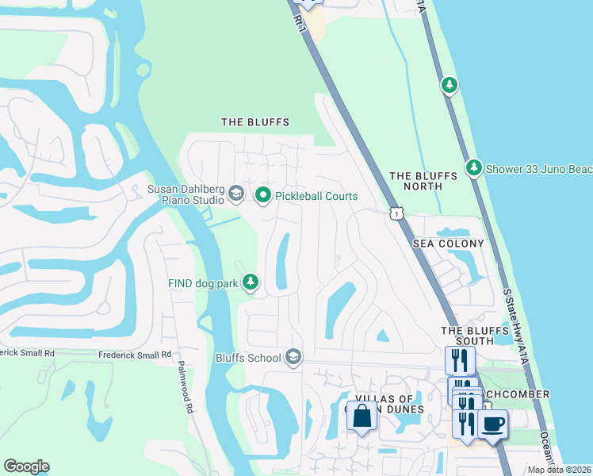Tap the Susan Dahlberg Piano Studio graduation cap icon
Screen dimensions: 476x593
[235, 193]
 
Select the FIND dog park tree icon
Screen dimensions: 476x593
[251, 282]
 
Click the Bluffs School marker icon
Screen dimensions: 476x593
[293, 358]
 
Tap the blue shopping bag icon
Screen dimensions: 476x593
[362, 416]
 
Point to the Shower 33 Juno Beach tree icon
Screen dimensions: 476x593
[473, 167]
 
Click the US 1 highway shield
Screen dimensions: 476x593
[395, 213]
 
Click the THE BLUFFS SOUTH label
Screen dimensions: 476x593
[468, 336]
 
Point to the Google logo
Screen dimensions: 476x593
[26, 466]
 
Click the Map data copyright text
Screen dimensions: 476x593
[560, 470]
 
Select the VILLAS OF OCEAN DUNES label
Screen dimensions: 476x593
[384, 404]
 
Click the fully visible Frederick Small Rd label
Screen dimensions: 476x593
[134, 355]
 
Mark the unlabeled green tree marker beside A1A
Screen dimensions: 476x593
[450, 84]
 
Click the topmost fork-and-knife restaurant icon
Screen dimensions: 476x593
[460, 359]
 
